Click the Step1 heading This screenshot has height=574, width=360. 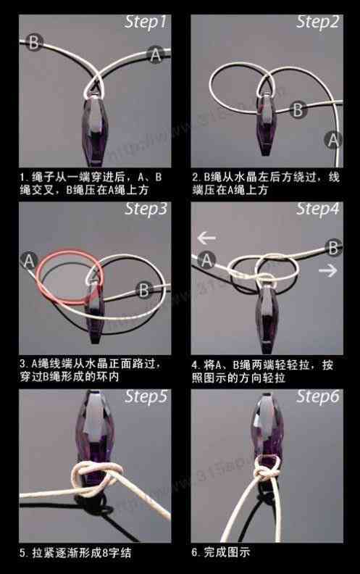146,22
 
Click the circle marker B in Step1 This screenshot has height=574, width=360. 33,43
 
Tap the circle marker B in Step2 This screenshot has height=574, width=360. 297,110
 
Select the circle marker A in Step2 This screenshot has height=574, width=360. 333,139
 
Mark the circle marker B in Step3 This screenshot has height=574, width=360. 143,291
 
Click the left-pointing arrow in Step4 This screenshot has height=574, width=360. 207,237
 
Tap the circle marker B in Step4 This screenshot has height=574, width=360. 333,248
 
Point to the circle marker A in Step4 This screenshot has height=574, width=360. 207,259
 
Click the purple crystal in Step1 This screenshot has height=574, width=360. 96,130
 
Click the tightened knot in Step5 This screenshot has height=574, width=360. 96,479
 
